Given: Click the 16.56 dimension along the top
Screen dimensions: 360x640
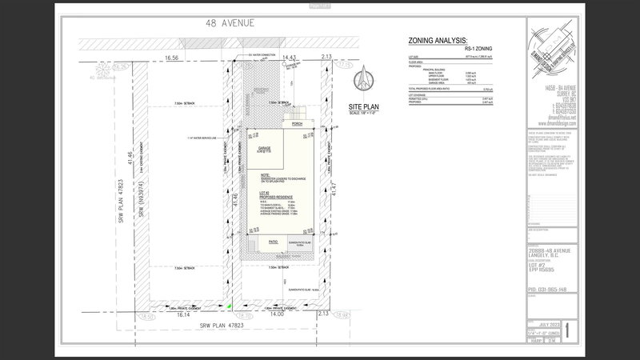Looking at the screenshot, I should pos(171,58).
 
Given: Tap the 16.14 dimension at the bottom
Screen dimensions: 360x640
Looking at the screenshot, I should pos(182,316).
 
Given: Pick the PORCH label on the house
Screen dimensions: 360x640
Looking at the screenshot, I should pos(297,124).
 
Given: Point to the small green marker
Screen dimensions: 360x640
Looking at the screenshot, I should pos(230,305).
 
